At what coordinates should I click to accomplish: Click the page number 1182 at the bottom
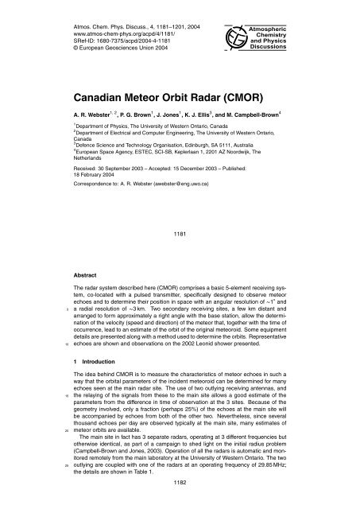click(179, 503)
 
